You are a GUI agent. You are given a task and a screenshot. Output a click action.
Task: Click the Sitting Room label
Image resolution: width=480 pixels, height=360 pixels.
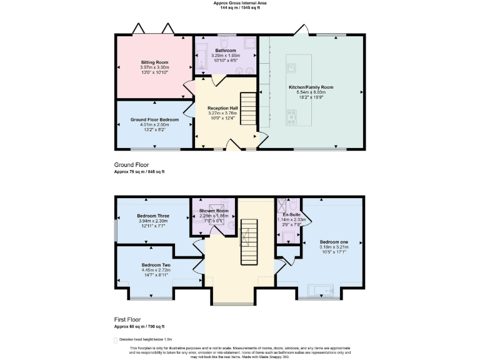coord(153,62)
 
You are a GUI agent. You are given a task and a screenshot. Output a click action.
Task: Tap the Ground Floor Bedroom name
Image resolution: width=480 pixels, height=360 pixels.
coord(154,119)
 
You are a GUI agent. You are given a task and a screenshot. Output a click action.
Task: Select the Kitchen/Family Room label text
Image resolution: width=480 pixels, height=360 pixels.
coord(311,87)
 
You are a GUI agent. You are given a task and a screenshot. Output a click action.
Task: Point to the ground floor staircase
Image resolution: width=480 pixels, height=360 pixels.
coord(248,109)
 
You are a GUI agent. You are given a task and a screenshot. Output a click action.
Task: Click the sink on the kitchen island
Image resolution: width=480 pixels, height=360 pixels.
coord(291,65)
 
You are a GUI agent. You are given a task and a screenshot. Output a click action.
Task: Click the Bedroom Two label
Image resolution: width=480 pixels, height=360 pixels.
coord(156,264)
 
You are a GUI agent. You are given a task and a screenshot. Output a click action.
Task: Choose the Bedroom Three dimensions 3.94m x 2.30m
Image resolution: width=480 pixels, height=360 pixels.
coord(153,221)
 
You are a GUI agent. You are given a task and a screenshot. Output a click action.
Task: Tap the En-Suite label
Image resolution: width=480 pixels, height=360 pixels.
coord(291,214)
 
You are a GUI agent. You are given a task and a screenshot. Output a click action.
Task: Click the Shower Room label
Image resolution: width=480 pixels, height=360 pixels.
coord(214,211)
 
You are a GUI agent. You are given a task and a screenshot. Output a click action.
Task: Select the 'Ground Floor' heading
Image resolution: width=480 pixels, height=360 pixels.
coord(127,165)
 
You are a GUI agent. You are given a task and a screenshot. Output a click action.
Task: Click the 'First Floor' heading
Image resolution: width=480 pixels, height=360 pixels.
coord(126,319)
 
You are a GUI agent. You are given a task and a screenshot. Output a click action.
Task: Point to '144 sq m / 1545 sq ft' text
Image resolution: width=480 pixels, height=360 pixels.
coord(240,8)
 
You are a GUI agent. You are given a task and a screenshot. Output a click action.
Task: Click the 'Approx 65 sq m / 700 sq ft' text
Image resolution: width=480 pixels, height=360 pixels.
coord(139,326)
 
